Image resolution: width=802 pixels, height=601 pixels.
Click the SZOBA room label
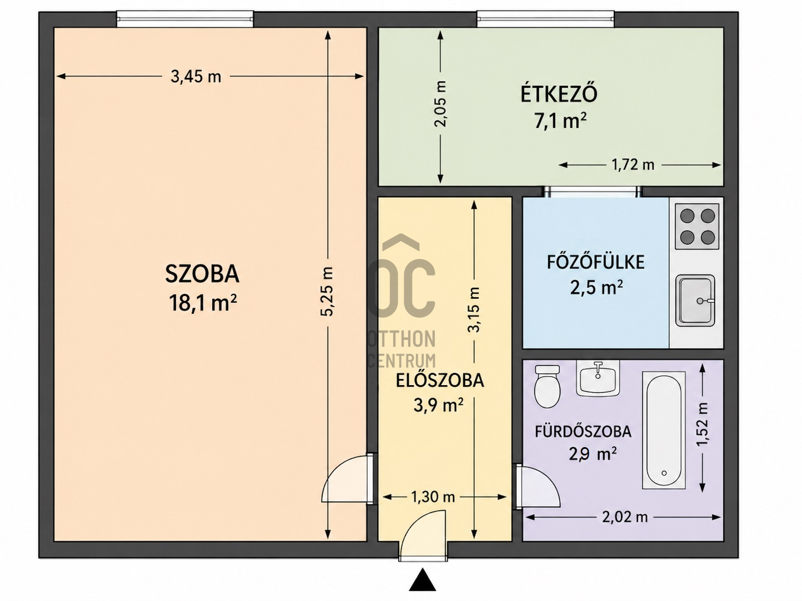coord(202,274)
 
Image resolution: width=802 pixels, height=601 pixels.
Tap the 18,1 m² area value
coord(202,303)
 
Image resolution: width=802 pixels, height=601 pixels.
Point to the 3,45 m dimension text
coord(196,76)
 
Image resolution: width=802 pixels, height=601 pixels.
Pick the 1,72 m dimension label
coord(633,165)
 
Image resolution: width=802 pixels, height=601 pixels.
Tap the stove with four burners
coord(697,226)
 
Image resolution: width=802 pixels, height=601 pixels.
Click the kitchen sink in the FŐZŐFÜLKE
coord(695,300)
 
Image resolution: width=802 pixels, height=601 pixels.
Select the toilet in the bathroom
coord(547,386)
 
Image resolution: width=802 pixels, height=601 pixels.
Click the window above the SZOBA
coord(185,19)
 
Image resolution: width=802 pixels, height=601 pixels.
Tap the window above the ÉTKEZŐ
coord(546,19)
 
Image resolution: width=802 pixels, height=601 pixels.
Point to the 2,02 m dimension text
coord(625,517)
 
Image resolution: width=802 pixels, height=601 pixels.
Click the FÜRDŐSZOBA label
coord(583,432)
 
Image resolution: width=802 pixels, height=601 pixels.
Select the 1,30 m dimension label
coord(433,496)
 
